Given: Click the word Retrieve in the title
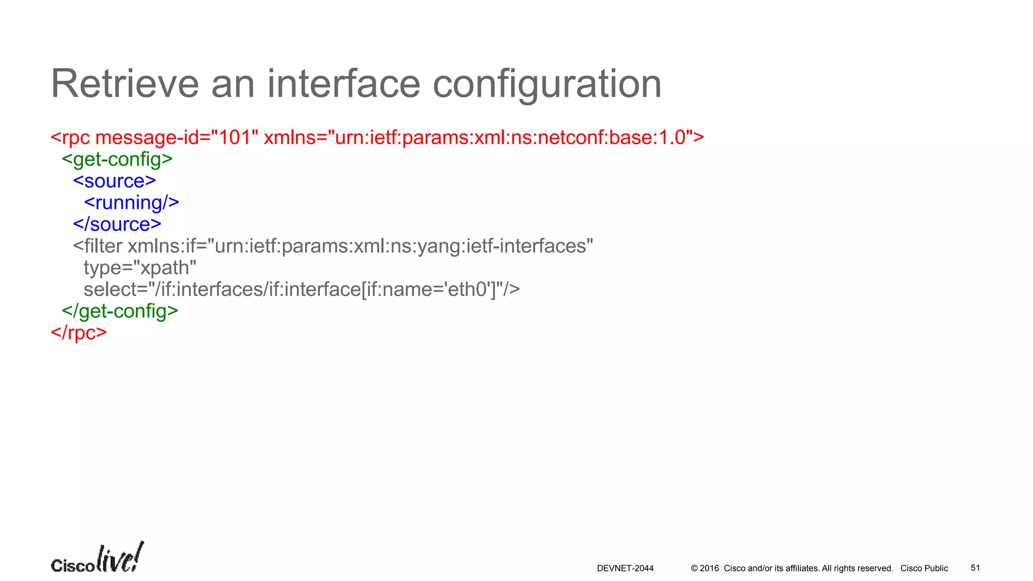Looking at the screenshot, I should coord(125,84).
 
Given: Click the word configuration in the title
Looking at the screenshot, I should coord(547,84).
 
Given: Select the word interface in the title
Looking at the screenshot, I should coord(343,84).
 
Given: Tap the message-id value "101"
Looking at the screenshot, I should coord(235,137).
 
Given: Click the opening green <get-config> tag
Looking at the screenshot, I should coord(117,159).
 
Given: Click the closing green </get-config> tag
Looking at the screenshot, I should coord(120,311).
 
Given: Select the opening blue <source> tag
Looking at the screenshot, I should coord(114,181).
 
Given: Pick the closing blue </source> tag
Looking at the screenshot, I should coord(117,224).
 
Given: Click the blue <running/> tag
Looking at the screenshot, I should coord(131,203).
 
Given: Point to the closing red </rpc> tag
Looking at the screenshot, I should coord(79,333).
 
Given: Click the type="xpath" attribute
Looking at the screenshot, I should coord(140,268).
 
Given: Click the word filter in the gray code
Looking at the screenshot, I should coord(103,246).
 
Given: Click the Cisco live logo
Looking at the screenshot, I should coord(97,558).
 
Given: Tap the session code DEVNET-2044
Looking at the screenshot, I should coord(625,568).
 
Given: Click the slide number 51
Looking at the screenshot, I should coord(975,568).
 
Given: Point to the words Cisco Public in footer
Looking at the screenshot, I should coord(924,568).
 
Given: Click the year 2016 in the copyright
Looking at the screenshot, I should coord(709,568).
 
